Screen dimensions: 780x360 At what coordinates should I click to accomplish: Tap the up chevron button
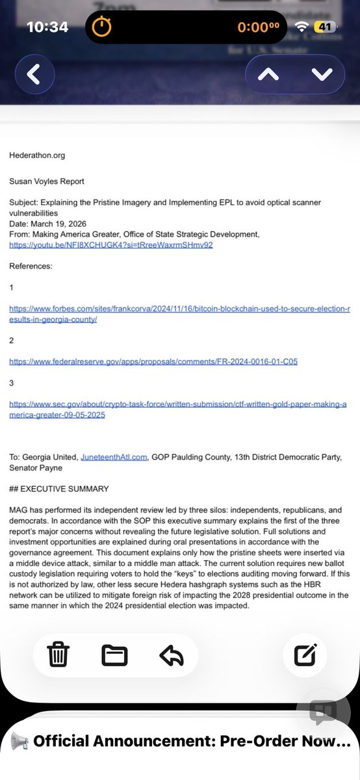269,74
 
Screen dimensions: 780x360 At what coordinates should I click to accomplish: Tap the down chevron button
321,74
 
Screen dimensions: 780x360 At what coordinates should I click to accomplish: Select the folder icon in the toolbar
114,655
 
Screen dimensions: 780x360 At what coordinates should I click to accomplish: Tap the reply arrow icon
171,655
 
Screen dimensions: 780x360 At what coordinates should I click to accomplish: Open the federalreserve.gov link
153,361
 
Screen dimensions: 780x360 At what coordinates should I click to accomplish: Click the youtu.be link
111,245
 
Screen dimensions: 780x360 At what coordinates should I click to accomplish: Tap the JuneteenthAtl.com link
120,457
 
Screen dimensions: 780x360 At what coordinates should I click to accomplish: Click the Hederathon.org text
37,155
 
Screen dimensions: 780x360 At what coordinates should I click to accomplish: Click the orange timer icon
101,27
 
